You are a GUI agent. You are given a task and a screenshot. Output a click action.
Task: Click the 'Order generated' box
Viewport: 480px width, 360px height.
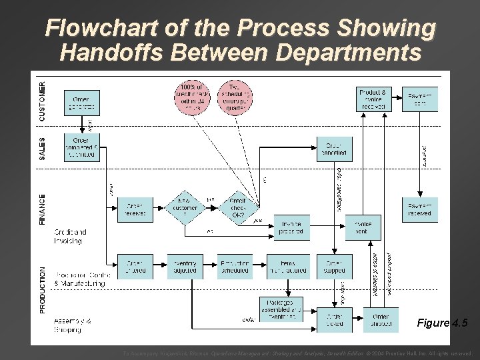tap(81, 102)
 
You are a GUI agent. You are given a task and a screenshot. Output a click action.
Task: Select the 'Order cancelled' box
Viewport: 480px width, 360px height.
tap(334, 149)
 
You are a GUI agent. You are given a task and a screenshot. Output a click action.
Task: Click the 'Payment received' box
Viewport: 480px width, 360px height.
tap(420, 209)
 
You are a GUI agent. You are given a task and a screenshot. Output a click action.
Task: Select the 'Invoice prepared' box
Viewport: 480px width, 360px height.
tap(292, 228)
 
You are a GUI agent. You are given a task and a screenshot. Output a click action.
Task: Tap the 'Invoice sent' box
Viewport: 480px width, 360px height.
tap(363, 228)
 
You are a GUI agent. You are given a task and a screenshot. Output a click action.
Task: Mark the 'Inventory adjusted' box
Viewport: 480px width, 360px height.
tap(185, 266)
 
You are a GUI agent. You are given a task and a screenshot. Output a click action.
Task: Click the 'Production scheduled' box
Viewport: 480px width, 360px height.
tap(235, 266)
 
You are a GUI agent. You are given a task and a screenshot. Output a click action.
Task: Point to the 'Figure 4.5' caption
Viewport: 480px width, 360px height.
tap(443, 323)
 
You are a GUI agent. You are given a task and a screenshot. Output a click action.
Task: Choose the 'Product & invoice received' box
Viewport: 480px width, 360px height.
tap(373, 99)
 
